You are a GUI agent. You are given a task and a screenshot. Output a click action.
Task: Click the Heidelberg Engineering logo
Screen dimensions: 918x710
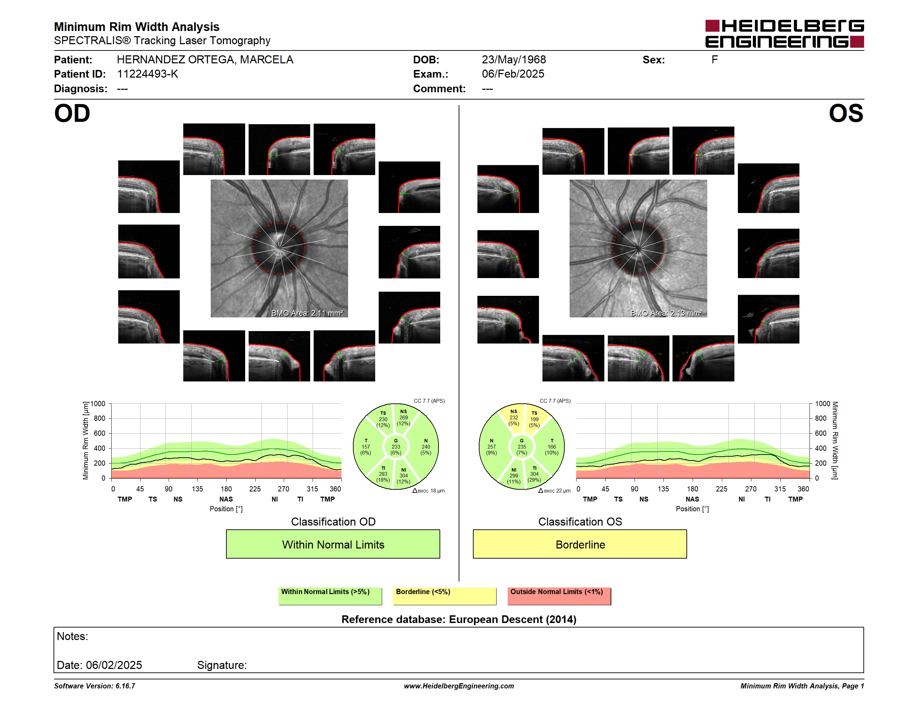[784, 34]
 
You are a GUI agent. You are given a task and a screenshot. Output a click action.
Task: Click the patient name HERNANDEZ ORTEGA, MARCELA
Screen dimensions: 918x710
[205, 60]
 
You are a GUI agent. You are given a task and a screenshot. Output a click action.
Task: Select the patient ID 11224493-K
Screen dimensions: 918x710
[147, 74]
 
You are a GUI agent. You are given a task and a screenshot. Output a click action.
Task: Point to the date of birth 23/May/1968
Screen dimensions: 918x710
[514, 60]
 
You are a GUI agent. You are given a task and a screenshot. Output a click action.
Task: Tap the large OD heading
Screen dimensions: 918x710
[72, 113]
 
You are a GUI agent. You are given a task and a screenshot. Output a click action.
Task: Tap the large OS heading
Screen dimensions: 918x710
[846, 113]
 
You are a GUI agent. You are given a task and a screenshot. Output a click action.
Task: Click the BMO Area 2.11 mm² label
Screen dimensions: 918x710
[307, 313]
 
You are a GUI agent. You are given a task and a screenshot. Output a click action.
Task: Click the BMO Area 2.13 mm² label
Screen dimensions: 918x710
[666, 313]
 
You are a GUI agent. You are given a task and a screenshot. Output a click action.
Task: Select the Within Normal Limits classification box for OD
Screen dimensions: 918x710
[333, 544]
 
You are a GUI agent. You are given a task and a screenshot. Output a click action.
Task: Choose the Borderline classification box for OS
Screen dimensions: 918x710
[580, 544]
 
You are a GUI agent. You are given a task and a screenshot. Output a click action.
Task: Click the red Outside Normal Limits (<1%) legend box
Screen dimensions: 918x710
[559, 596]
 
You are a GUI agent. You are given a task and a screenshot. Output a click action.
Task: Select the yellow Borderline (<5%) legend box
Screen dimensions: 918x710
[445, 596]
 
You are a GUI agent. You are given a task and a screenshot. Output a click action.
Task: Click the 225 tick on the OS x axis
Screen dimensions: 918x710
[721, 489]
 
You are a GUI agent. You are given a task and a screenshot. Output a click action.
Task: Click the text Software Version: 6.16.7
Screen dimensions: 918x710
[95, 686]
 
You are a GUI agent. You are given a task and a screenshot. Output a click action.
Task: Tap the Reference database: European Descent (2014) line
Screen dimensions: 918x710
[459, 619]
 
